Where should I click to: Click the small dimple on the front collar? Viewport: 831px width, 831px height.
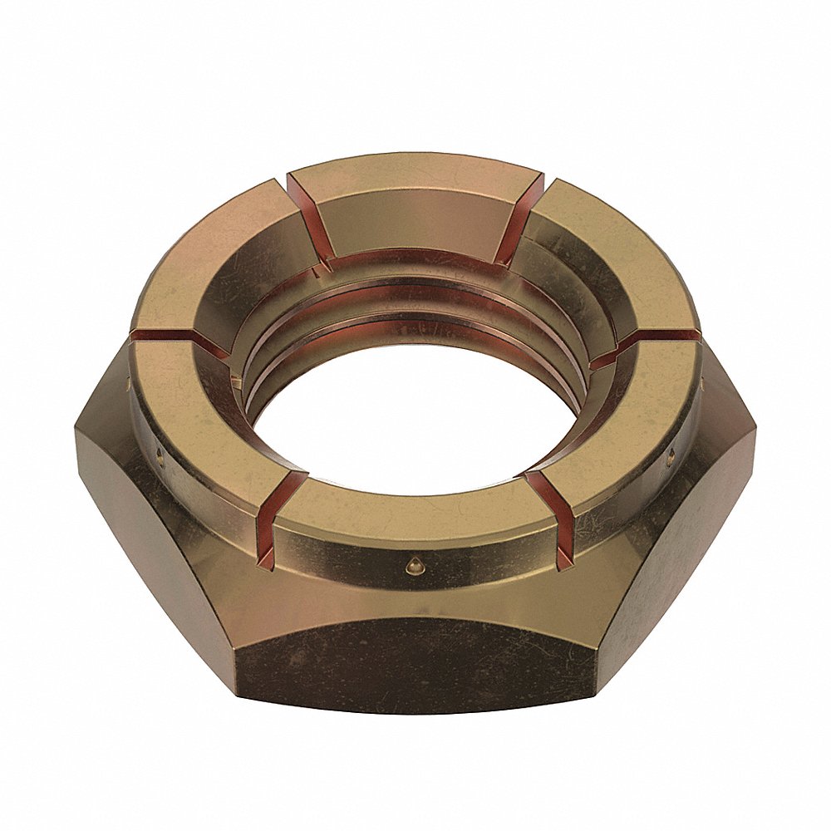click(409, 564)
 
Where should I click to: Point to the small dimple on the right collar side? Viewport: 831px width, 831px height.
click(670, 453)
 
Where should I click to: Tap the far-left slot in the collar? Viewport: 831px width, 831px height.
click(170, 339)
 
